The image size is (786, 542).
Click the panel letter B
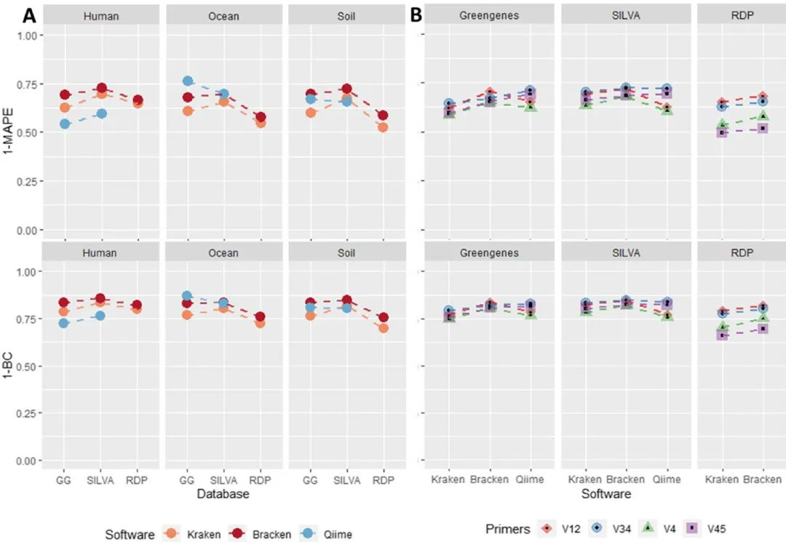click(x=417, y=15)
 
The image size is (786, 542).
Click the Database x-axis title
click(x=223, y=494)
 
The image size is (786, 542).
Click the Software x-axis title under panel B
click(x=606, y=494)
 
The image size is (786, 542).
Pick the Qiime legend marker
click(x=308, y=534)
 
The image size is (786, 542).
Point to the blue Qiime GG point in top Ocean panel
click(x=188, y=81)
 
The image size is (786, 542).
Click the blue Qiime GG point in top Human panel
click(x=65, y=124)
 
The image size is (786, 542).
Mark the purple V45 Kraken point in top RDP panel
click(x=722, y=132)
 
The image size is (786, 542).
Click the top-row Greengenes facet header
click(x=489, y=16)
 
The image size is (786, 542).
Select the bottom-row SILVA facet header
click(x=625, y=252)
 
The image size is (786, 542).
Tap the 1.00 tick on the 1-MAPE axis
click(x=32, y=35)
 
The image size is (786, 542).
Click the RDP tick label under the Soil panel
click(x=383, y=479)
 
